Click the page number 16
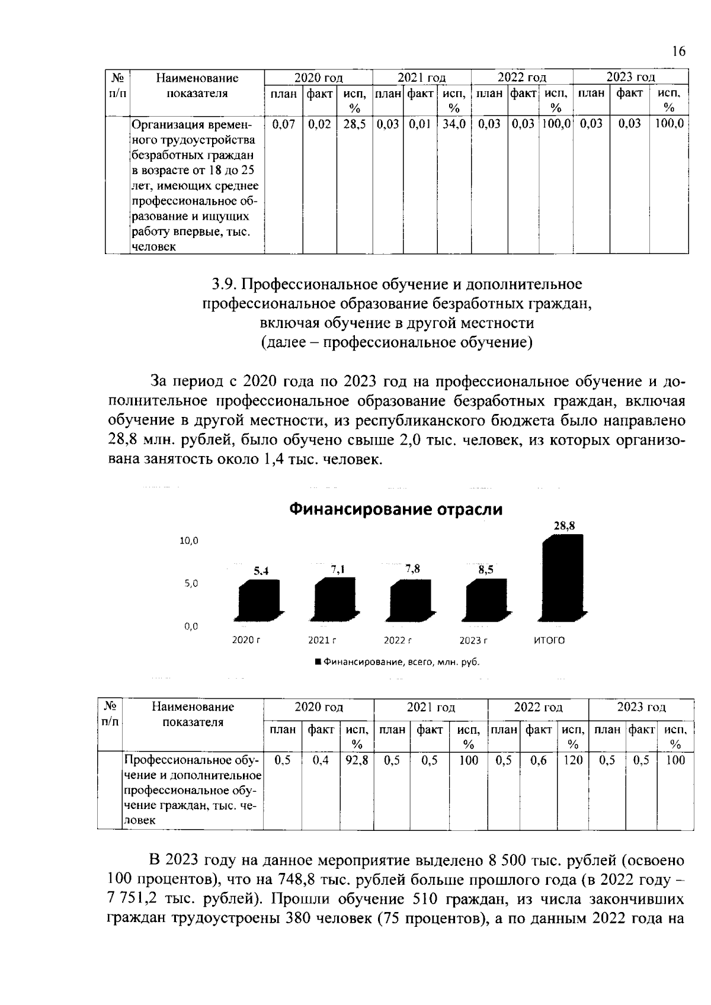coord(679,52)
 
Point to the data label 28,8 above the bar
coord(564,525)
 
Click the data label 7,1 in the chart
coord(338,569)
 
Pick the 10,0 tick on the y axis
coord(188,541)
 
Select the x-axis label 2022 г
coord(397,640)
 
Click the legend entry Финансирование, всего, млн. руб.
coord(397,662)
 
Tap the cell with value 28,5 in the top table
coord(354,124)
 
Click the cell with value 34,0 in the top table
coord(454,124)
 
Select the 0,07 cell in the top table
coord(283,124)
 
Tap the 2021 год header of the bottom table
coord(430,707)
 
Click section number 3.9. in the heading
coord(225,285)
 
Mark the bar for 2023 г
coord(487,601)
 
